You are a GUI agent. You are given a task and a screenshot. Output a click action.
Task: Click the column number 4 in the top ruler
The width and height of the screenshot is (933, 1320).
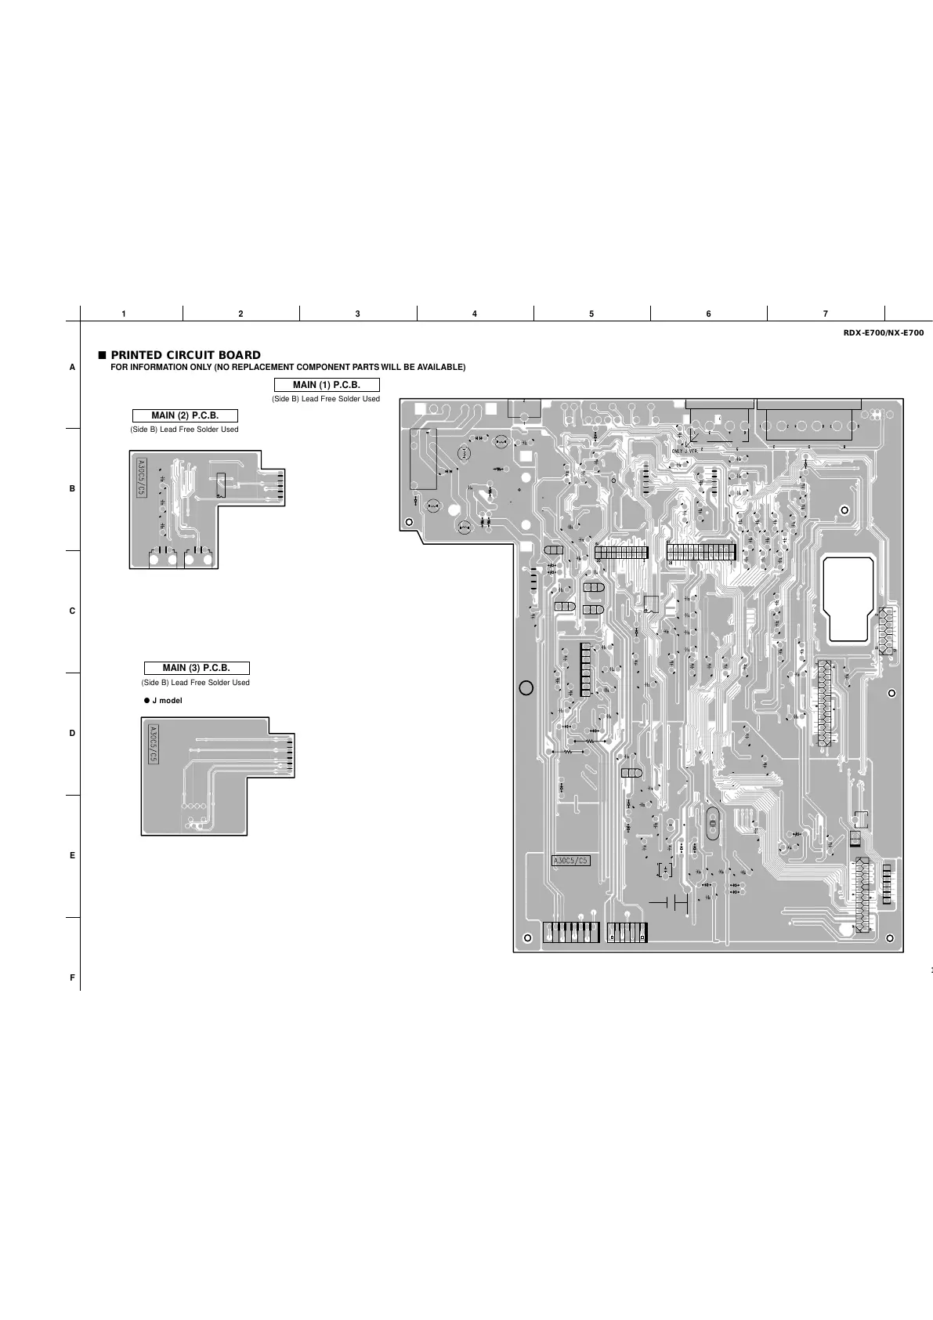(x=475, y=314)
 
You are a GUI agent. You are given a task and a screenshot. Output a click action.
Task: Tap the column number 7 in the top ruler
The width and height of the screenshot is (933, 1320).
(x=826, y=314)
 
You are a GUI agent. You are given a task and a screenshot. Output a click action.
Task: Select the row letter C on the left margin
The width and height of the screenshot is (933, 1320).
(x=73, y=611)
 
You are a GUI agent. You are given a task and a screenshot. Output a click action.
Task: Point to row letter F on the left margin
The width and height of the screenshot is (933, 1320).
(x=73, y=977)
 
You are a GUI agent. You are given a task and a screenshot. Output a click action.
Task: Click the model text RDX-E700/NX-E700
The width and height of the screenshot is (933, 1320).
(x=884, y=333)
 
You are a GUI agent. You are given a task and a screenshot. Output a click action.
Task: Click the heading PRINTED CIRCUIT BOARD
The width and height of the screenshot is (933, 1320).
(x=186, y=355)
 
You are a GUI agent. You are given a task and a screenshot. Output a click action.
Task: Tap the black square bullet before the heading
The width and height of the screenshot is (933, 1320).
(x=102, y=355)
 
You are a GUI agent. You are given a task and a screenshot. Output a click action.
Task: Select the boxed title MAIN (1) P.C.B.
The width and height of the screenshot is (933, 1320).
(x=327, y=385)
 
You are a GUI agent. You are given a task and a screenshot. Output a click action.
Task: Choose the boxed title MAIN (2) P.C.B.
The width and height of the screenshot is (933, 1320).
(x=185, y=415)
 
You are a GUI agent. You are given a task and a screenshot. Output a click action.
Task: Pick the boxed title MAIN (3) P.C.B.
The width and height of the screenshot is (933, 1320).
(x=196, y=668)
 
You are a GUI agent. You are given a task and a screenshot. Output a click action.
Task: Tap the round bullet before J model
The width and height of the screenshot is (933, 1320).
(x=146, y=700)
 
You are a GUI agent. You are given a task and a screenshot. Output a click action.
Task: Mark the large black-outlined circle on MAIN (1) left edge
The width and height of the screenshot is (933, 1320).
(x=526, y=687)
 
